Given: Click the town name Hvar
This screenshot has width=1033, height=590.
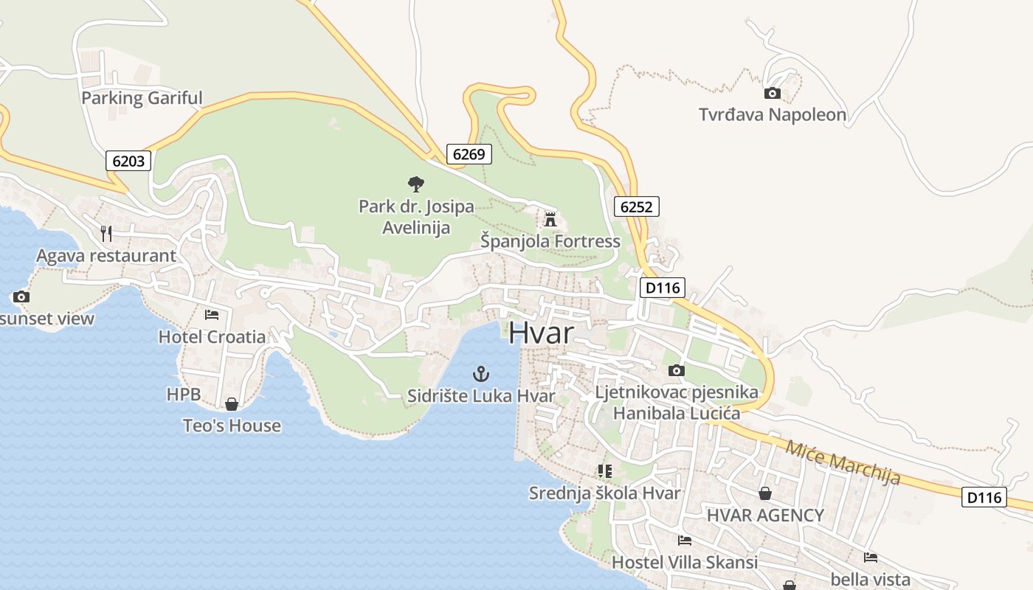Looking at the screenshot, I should point(541,333).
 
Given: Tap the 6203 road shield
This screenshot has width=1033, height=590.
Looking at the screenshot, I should point(128,161).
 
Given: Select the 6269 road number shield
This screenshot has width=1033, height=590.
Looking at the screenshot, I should point(469,154).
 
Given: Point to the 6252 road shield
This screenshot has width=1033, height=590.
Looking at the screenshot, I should point(636,206).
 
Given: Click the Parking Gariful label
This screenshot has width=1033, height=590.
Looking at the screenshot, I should point(142,98).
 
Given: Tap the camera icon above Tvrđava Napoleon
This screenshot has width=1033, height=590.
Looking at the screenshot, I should point(773,93).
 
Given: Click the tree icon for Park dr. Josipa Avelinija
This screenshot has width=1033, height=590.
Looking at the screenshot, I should point(416,184).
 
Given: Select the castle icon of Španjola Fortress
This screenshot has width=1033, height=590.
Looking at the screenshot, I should point(550,219).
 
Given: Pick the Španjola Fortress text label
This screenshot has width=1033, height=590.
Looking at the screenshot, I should point(550,241).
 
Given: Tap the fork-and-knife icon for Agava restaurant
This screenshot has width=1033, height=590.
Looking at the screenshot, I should point(106,234).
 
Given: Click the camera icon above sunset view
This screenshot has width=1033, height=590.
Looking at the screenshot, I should point(21,296).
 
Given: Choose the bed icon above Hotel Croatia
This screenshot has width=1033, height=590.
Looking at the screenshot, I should point(212,315).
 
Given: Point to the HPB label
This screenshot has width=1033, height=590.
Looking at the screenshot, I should point(184,395).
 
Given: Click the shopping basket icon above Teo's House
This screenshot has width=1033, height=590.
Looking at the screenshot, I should point(232,404).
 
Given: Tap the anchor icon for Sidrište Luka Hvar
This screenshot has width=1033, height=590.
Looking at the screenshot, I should point(481,373).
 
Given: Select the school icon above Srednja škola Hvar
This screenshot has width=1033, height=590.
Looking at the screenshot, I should point(605,471).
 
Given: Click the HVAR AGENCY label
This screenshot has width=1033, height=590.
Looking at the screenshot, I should point(765,516).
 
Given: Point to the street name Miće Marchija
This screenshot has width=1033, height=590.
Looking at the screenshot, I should point(843,462).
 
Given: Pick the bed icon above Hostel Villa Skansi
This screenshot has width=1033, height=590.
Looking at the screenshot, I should point(685,541).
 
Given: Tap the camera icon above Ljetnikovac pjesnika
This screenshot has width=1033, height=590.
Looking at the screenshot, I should point(677,370).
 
